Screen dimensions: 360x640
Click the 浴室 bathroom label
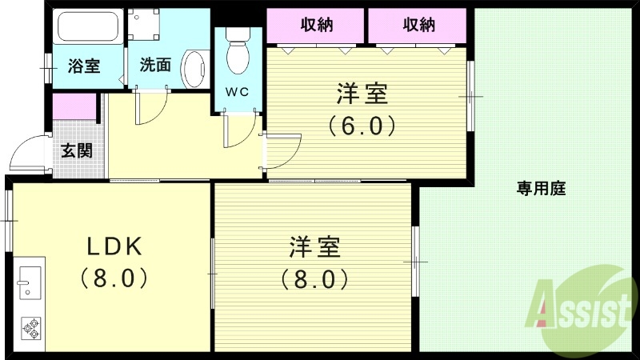click(83, 66)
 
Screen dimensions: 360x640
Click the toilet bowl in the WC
click(238, 52)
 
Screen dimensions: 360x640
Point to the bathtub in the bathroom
click(88, 30)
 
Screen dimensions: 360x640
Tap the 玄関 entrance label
click(77, 150)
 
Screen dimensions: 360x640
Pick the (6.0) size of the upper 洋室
click(362, 126)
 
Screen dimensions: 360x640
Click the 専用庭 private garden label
click(541, 189)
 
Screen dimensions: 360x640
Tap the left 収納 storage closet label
click(316, 25)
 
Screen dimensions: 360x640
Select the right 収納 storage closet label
click(418, 25)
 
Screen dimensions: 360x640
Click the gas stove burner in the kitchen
click(31, 326)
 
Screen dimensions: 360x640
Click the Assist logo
click(580, 305)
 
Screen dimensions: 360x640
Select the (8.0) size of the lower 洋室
click(313, 278)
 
